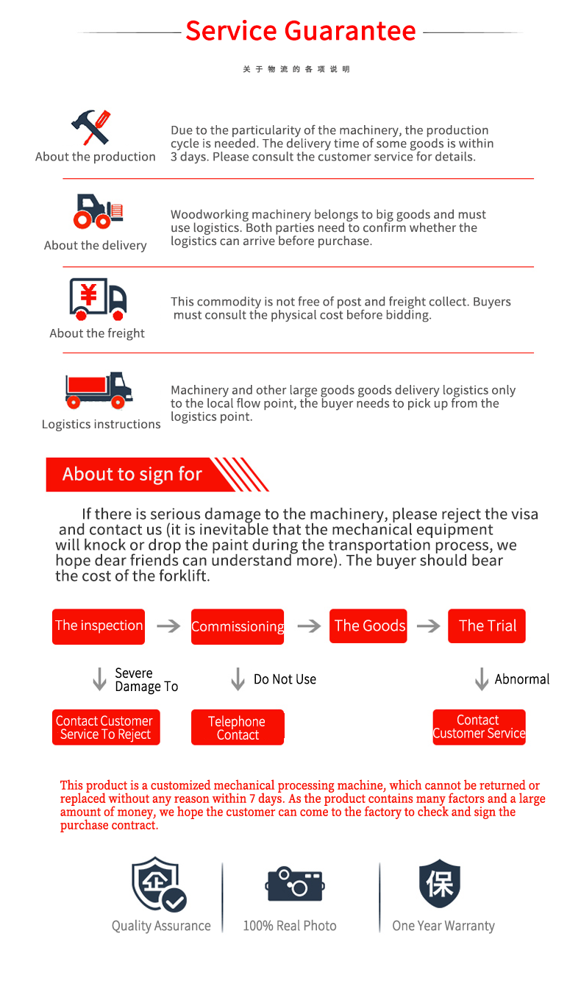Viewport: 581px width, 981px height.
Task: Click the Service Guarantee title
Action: (x=300, y=31)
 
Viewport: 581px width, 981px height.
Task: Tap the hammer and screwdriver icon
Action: (x=91, y=127)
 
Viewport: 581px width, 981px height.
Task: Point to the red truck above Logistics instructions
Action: (x=99, y=390)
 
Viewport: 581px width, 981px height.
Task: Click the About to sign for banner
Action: (x=132, y=475)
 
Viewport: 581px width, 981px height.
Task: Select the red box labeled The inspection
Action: (x=99, y=626)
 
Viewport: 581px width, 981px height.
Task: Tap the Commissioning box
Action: (x=238, y=626)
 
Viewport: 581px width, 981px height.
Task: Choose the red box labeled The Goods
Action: (x=369, y=626)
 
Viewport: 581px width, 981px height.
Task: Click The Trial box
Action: (x=487, y=626)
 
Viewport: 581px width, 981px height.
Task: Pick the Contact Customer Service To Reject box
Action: (x=105, y=727)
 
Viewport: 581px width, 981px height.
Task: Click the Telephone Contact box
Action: (x=238, y=727)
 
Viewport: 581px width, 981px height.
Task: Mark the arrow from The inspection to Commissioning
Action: (x=168, y=626)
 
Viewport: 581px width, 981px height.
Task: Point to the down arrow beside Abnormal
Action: (x=482, y=679)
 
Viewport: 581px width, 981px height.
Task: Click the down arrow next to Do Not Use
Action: (x=238, y=679)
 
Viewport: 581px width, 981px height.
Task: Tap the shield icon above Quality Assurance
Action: (x=158, y=885)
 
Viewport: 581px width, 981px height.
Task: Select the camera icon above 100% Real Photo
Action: (x=295, y=884)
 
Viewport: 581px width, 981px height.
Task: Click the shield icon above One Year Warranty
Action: (x=440, y=883)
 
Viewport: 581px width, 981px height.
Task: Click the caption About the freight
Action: (x=97, y=333)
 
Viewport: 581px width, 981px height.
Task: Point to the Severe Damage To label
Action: (x=146, y=680)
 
